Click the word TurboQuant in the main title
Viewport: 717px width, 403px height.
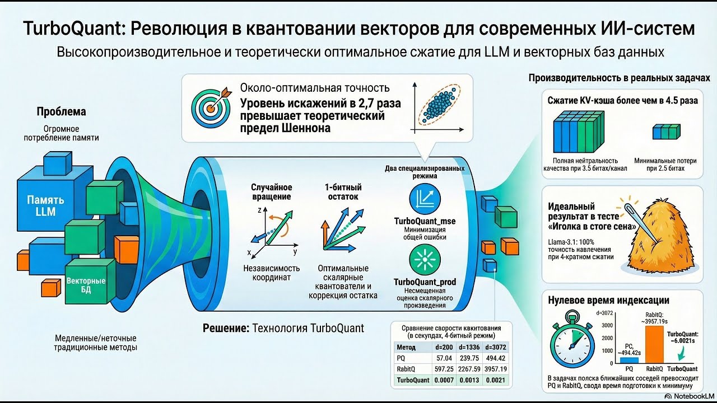[73, 29]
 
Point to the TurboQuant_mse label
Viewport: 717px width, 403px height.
[425, 221]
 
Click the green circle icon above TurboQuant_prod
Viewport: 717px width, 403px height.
[425, 260]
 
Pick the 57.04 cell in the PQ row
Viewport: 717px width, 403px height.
[444, 358]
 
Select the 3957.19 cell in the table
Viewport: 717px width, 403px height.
[496, 369]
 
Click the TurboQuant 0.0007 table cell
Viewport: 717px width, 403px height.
[444, 380]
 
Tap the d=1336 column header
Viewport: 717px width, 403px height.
[469, 348]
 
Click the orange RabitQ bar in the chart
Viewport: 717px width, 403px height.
[654, 344]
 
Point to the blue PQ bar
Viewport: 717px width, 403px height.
[629, 360]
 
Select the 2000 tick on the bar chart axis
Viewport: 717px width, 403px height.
[607, 338]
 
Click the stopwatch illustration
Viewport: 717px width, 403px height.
[572, 339]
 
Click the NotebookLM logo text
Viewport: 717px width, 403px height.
[694, 396]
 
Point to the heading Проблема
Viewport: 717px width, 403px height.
[61, 111]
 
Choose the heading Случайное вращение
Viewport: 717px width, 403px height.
[272, 191]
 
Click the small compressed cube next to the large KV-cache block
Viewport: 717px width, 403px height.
[667, 132]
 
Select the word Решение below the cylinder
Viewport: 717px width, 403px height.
[226, 328]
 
